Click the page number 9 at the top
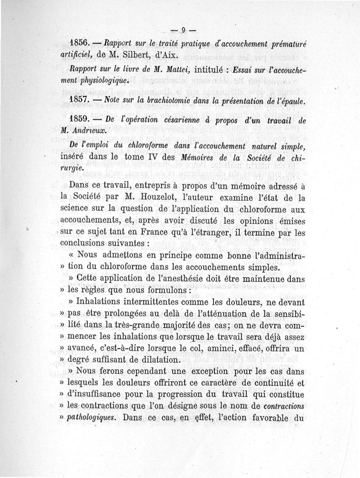(x=184, y=31)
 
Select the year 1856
(x=81, y=44)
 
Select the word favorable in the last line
(x=269, y=416)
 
